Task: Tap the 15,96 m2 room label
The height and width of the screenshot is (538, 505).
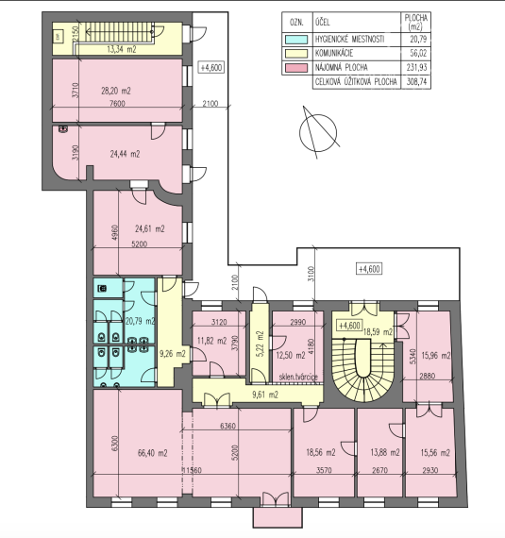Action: (437, 356)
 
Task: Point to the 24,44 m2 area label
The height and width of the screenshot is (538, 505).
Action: (124, 154)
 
